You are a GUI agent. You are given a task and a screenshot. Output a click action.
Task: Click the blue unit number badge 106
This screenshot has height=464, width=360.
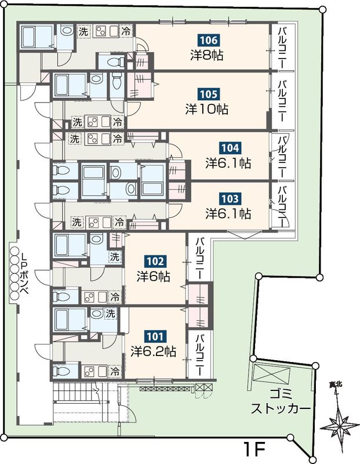(208, 40)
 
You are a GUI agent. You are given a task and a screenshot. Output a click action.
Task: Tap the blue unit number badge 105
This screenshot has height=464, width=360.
(208, 95)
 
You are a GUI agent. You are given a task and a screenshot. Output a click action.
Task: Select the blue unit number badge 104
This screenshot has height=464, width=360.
(230, 148)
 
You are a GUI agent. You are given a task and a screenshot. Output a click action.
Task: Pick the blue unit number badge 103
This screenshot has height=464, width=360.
(230, 198)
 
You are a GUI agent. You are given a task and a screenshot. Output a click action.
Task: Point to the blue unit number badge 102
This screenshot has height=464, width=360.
(155, 262)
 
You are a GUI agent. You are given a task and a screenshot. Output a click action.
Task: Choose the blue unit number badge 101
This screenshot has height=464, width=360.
(155, 336)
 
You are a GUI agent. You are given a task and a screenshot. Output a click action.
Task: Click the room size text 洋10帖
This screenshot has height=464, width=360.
(207, 110)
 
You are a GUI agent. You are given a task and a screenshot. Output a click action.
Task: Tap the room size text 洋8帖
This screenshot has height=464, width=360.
(206, 55)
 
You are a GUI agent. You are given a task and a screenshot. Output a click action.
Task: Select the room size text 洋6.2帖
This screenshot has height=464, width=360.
(154, 351)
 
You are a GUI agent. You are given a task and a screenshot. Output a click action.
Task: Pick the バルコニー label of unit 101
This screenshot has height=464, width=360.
(200, 354)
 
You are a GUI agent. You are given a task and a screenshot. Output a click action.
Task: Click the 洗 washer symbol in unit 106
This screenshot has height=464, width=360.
(83, 31)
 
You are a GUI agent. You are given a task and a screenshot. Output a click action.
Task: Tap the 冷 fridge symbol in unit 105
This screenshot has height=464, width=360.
(118, 122)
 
